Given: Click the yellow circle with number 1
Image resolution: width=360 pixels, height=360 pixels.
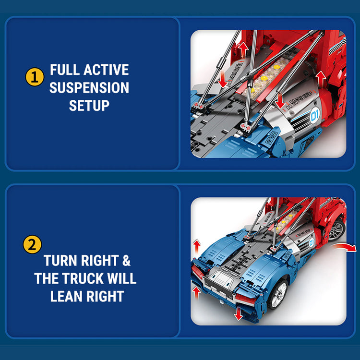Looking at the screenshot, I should (34, 77).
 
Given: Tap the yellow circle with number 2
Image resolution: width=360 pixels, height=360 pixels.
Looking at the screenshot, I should (33, 244).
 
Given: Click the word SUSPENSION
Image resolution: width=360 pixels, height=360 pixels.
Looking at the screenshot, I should (89, 88).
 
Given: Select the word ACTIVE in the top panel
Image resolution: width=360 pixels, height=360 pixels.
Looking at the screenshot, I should (106, 70).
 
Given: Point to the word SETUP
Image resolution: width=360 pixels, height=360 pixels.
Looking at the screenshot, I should (89, 106).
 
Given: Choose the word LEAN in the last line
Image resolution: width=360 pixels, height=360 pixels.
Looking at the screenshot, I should (67, 296).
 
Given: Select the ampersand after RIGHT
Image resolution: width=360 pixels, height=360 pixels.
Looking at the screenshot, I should (126, 261).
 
